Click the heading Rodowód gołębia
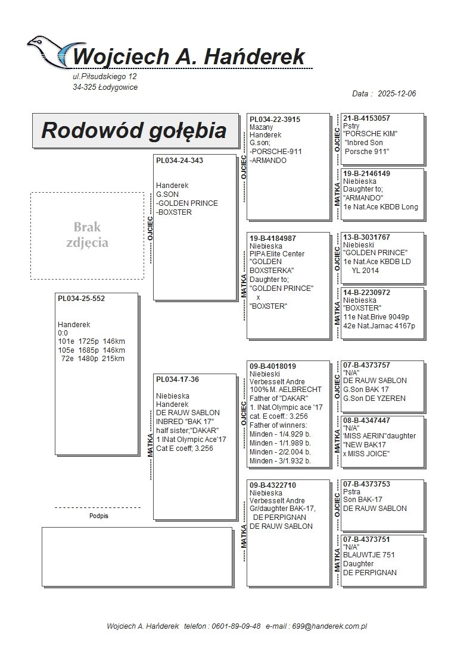[x=133, y=130]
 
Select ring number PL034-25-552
[x=81, y=299]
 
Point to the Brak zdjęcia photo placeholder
[x=87, y=235]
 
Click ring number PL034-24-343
[x=179, y=161]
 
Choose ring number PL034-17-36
[x=178, y=380]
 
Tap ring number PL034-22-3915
[x=275, y=120]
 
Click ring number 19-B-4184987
[x=273, y=238]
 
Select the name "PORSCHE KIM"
[x=371, y=134]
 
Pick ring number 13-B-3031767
[x=366, y=237]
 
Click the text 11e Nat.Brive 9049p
[x=379, y=317]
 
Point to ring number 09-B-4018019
[x=273, y=366]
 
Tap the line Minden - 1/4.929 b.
[x=280, y=434]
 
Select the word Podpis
[x=99, y=516]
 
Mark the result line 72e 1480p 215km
[x=91, y=359]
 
